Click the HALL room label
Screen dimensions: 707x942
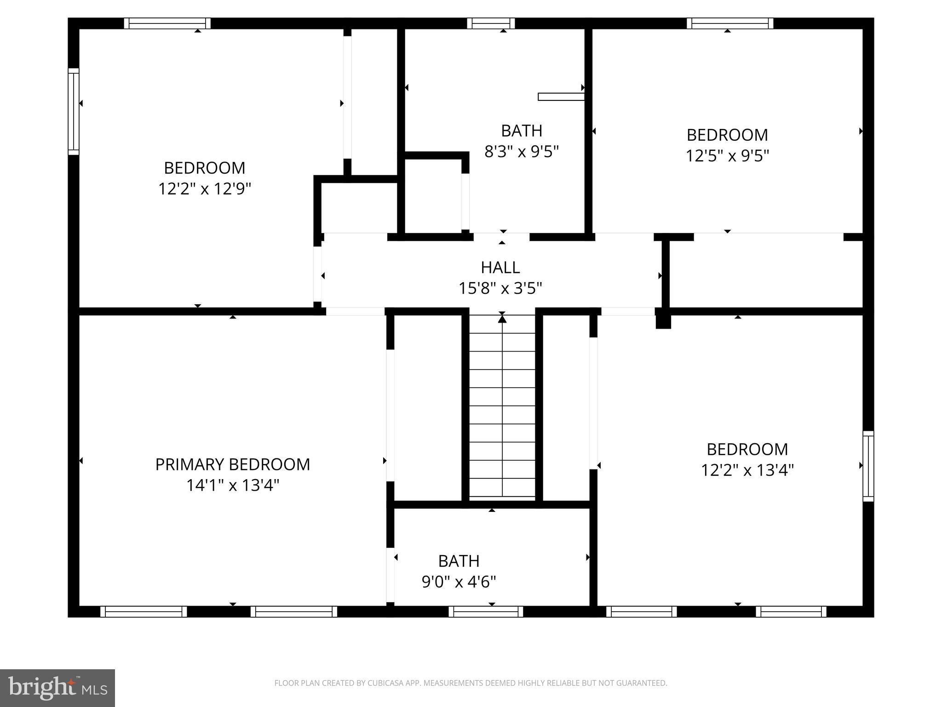point(500,267)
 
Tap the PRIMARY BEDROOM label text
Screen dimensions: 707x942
point(232,464)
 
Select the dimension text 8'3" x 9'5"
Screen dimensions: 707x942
point(521,151)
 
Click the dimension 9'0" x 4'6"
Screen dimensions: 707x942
point(459,582)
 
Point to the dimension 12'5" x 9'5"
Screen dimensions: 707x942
point(727,156)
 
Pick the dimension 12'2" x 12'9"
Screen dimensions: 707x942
point(205,189)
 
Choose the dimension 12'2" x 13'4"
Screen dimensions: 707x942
point(747,470)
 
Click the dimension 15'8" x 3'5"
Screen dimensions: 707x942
point(500,289)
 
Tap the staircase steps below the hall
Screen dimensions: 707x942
point(502,414)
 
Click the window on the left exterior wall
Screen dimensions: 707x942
point(74,111)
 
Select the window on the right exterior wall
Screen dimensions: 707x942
point(868,466)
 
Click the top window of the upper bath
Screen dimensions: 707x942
point(491,23)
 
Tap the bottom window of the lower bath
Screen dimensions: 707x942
point(486,612)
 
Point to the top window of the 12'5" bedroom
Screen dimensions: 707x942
point(730,23)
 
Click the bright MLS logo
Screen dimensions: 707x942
point(57,688)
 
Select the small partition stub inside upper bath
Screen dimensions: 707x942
point(561,97)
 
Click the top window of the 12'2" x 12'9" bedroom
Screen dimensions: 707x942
point(167,23)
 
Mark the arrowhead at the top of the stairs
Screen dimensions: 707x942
point(502,319)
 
